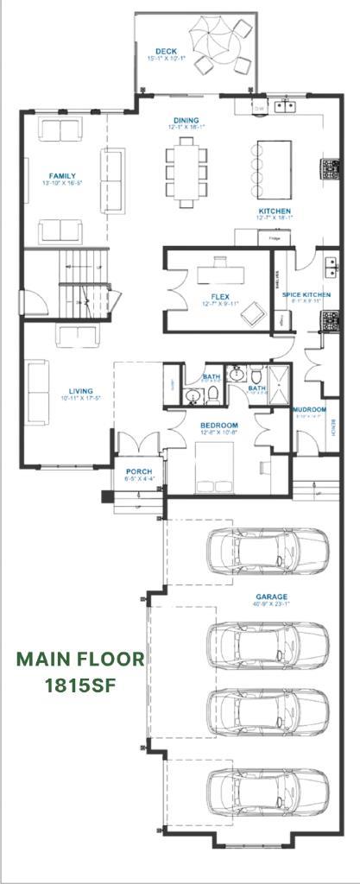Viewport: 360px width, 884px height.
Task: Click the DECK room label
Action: (166, 52)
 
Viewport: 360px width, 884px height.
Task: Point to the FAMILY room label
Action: (62, 176)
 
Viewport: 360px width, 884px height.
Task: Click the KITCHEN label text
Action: (275, 211)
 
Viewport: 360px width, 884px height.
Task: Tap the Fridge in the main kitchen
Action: (274, 238)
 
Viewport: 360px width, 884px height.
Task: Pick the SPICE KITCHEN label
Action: (306, 295)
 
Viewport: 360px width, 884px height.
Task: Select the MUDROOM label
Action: (309, 409)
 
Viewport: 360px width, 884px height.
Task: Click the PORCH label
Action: (138, 471)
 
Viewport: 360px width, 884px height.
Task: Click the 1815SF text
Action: (79, 686)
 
